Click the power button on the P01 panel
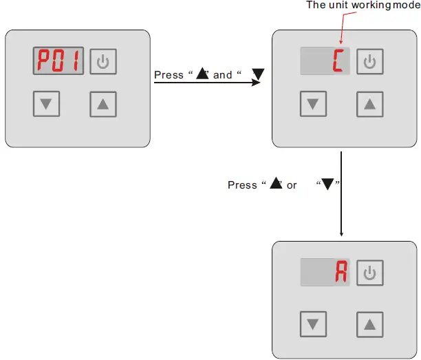pyautogui.click(x=103, y=62)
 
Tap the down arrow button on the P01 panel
pyautogui.click(x=46, y=104)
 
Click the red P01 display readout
pyautogui.click(x=58, y=63)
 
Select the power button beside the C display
pyautogui.click(x=370, y=62)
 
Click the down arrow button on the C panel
pyautogui.click(x=314, y=104)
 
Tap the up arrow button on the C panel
pyautogui.click(x=369, y=104)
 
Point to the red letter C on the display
pyautogui.click(x=339, y=62)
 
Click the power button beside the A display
pyautogui.click(x=370, y=273)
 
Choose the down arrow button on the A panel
pyautogui.click(x=314, y=323)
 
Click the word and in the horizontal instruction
pyautogui.click(x=223, y=75)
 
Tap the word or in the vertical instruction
pyautogui.click(x=292, y=185)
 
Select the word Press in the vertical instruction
pyautogui.click(x=242, y=185)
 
